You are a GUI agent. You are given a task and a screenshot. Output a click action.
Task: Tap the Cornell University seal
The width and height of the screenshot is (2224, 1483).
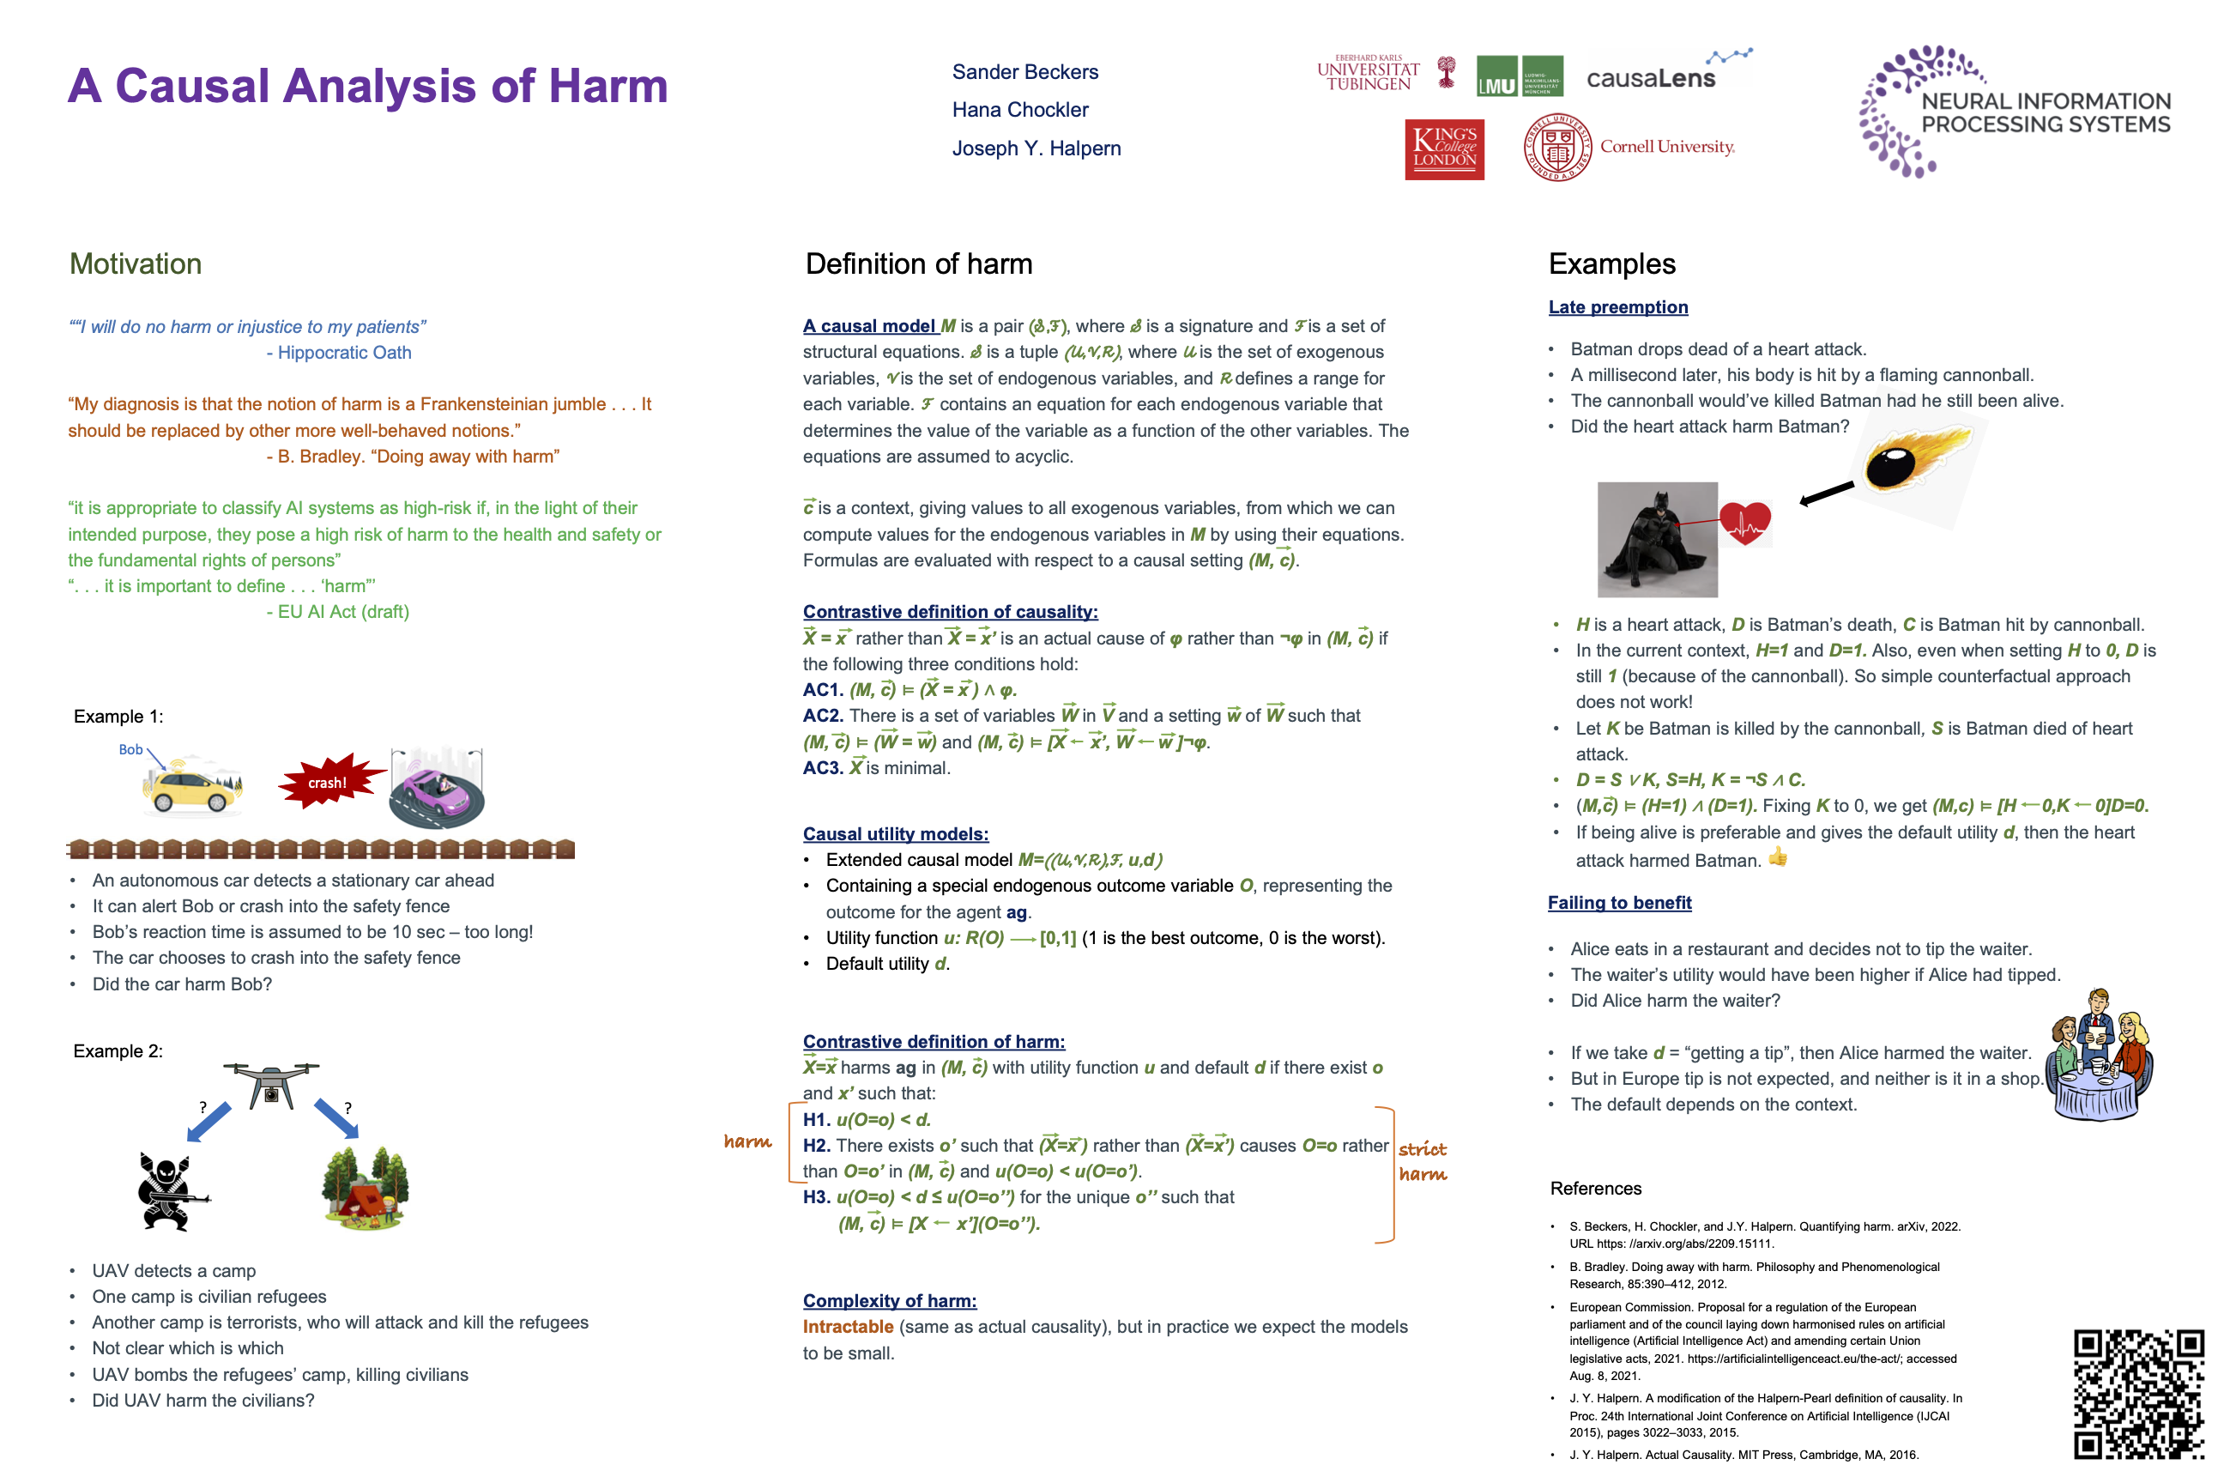tap(1557, 148)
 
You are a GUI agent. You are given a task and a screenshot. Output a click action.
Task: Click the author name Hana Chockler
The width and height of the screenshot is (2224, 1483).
tap(1019, 110)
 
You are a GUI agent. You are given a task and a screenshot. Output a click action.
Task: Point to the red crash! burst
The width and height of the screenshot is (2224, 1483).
tap(328, 782)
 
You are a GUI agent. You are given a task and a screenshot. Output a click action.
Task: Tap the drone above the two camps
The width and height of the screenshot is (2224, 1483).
tap(271, 1083)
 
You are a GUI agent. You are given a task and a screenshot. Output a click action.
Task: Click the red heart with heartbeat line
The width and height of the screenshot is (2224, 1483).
tap(1744, 523)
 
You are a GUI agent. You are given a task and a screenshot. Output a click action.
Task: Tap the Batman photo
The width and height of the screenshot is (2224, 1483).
tap(1657, 539)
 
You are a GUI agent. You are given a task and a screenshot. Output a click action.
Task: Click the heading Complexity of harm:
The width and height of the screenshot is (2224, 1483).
tap(889, 1300)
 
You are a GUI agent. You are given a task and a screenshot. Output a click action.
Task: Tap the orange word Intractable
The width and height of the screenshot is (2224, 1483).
tap(847, 1327)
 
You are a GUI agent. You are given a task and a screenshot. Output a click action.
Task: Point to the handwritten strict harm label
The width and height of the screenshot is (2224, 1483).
tap(1422, 1161)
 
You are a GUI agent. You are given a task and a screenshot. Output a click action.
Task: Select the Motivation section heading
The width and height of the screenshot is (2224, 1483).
tap(136, 263)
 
